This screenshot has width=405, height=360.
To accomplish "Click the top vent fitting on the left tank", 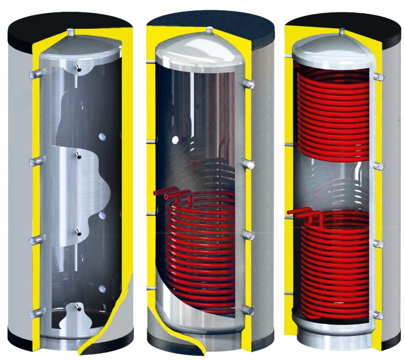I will [71, 31].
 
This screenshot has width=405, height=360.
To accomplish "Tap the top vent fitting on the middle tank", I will [209, 30].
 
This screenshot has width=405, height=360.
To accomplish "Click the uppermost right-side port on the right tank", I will [379, 77].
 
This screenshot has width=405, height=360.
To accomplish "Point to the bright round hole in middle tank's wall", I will [175, 140].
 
